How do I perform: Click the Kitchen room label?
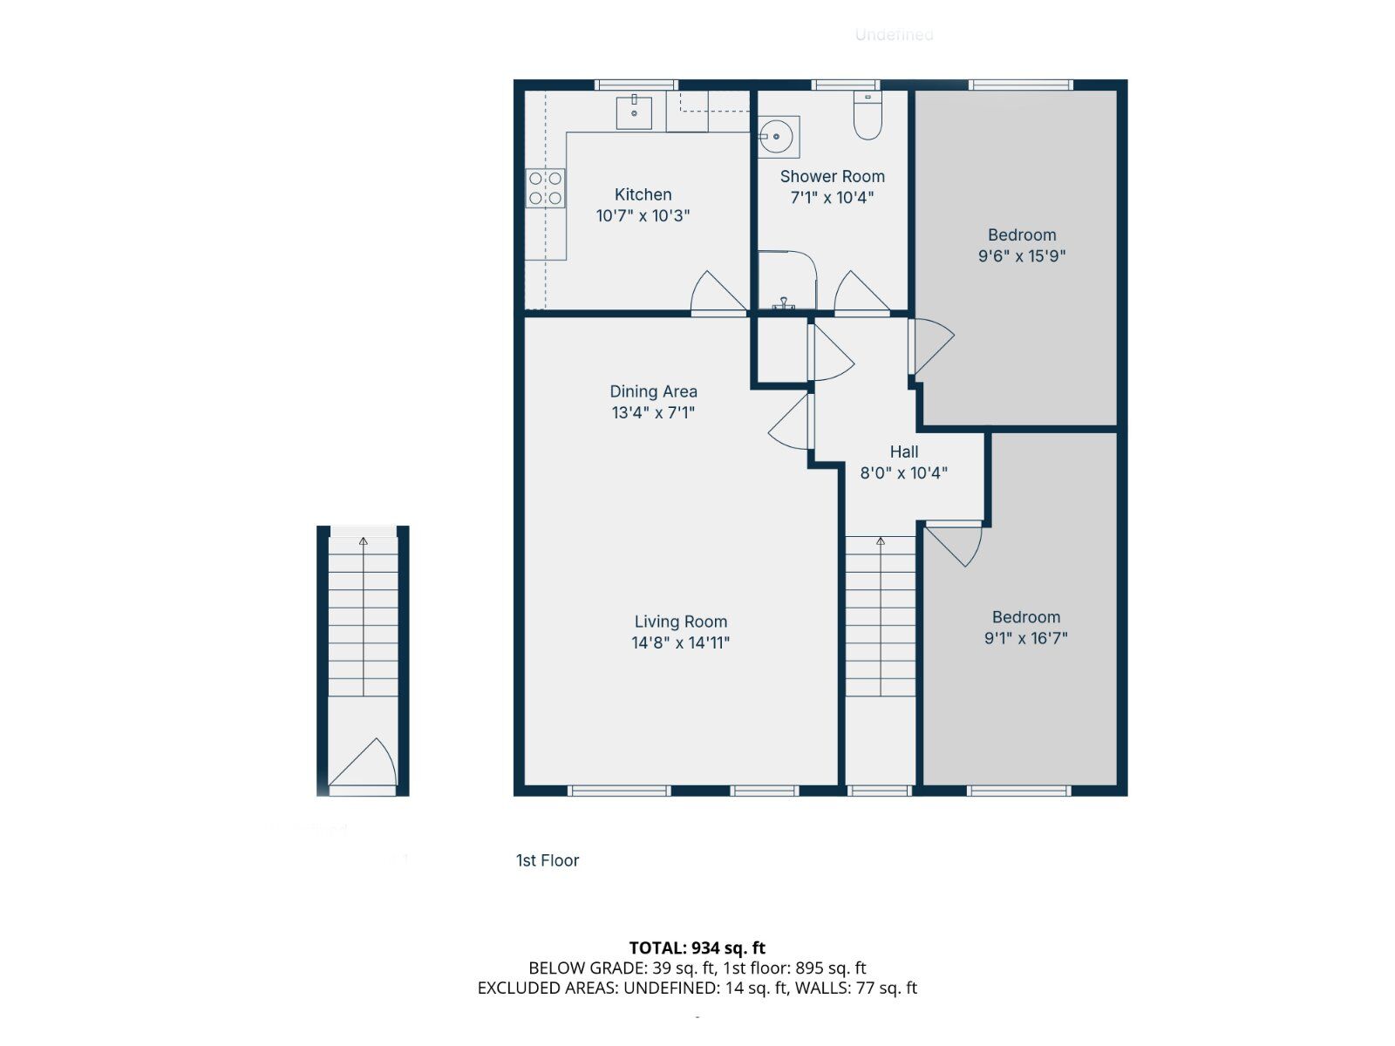(x=643, y=194)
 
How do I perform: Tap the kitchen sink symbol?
(x=634, y=112)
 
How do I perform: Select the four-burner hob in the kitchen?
(x=545, y=188)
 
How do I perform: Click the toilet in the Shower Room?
(x=868, y=118)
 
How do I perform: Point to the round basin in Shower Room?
(x=775, y=136)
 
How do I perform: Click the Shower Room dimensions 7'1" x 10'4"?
(x=832, y=198)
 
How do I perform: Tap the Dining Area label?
(x=653, y=391)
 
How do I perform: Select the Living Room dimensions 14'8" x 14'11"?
(x=680, y=643)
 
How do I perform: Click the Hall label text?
(x=903, y=452)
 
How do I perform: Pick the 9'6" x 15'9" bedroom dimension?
(x=1022, y=256)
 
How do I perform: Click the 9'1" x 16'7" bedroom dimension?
(x=1025, y=638)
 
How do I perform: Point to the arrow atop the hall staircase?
(x=881, y=542)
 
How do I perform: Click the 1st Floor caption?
(x=548, y=860)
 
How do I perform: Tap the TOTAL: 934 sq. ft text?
(x=697, y=948)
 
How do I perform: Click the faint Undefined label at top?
(x=894, y=35)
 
